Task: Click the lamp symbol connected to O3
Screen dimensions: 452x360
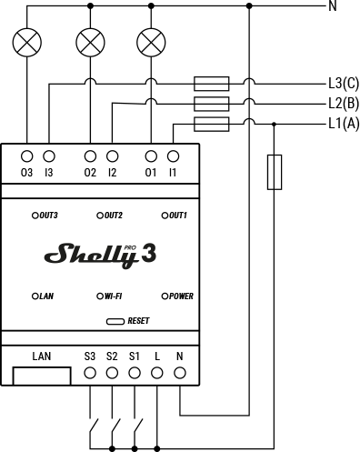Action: coord(27,41)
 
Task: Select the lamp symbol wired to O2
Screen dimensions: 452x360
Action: coord(89,41)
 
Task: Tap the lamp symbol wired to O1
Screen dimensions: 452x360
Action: coord(150,41)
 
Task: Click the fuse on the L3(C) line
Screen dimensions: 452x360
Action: coord(212,82)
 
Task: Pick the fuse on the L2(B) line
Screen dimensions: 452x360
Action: coord(212,103)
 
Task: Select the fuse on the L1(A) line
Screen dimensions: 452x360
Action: coord(212,123)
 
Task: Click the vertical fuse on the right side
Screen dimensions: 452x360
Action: coord(274,172)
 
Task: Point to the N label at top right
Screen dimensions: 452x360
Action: coord(333,6)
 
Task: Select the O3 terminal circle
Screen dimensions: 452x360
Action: coord(27,156)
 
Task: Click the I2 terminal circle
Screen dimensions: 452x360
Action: coord(111,156)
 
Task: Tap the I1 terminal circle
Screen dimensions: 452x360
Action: coord(172,156)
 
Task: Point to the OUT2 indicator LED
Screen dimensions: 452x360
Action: coord(99,216)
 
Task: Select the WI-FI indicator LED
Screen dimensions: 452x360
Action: coord(99,296)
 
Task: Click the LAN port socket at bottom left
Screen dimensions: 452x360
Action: coord(41,375)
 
